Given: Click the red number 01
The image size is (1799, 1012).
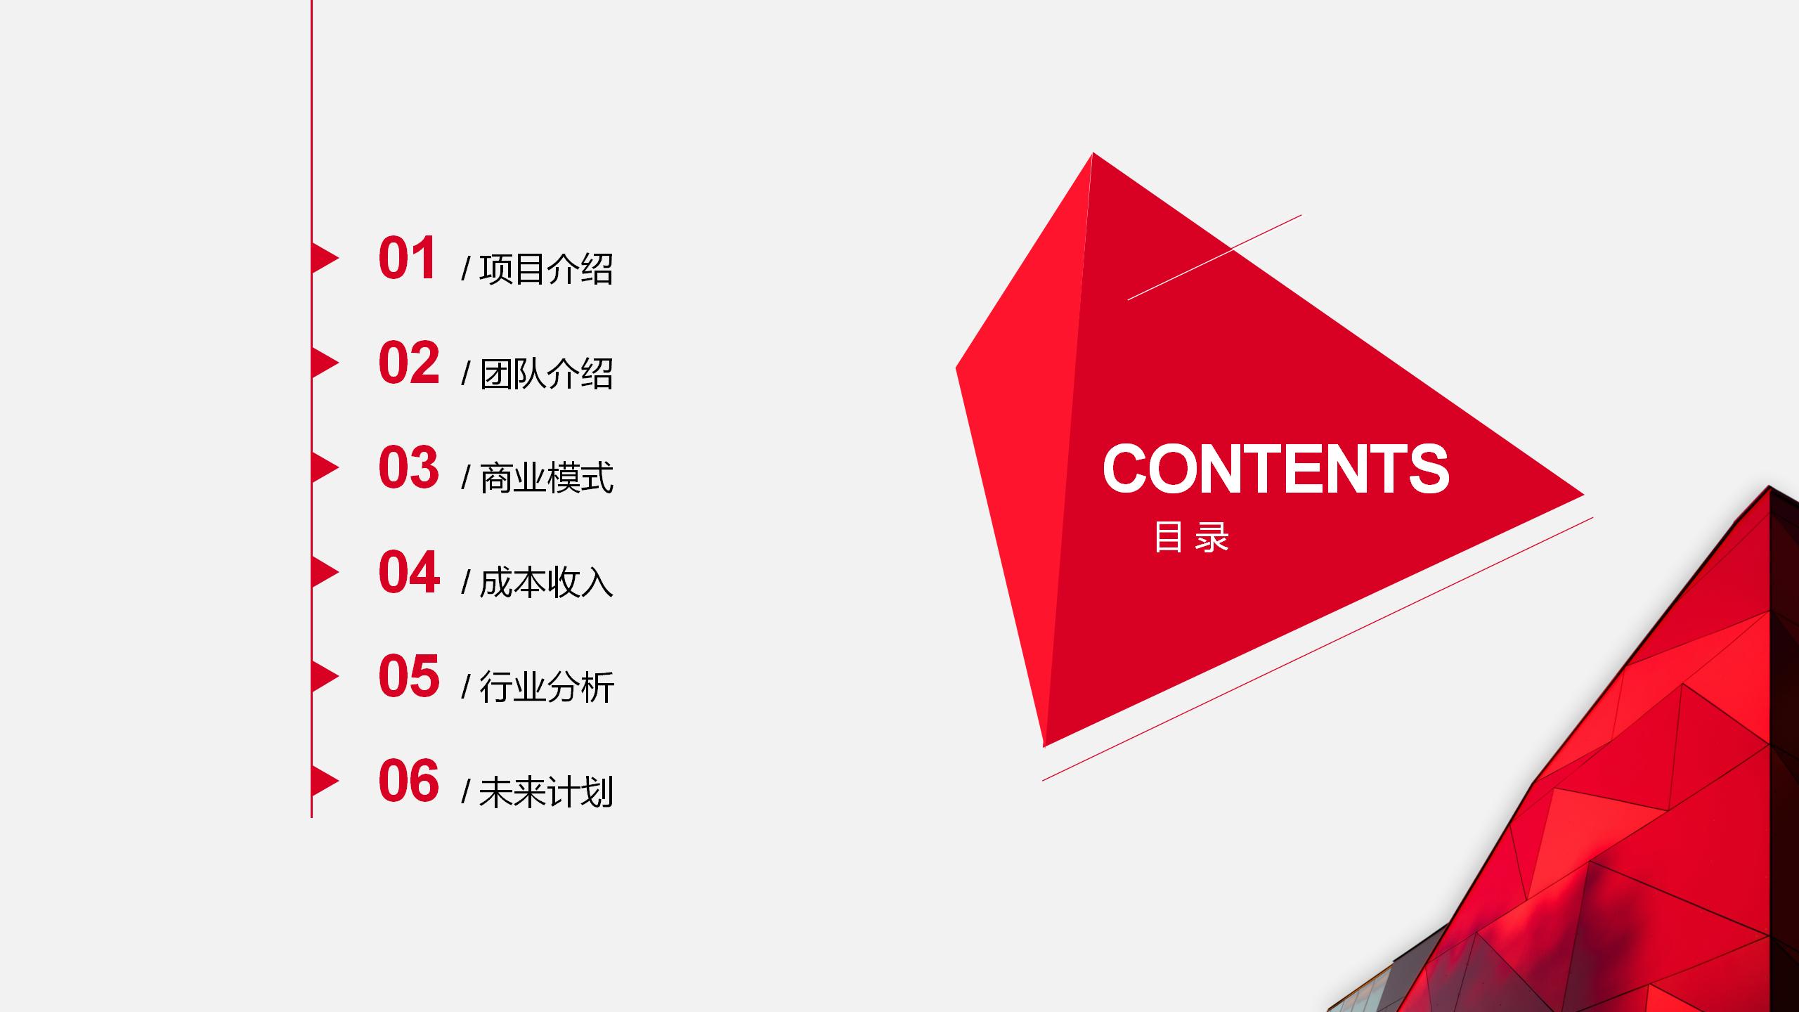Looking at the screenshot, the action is point(408,258).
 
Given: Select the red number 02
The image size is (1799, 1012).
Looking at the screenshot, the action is point(409,363).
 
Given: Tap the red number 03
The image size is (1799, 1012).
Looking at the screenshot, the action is point(409,467).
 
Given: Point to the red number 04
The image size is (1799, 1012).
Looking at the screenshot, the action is point(409,572).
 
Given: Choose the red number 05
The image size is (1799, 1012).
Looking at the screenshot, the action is point(409,676).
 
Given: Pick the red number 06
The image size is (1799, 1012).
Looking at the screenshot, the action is point(409,781).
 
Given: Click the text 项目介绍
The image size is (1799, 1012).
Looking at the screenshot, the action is point(546,268).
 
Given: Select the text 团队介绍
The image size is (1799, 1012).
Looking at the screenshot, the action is point(546,373).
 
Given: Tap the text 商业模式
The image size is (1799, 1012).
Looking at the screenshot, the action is point(546,478).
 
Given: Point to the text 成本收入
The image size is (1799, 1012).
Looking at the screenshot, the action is point(546,583).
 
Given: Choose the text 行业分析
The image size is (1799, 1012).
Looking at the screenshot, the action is point(546,687).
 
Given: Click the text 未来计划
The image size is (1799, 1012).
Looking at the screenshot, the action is point(546,791).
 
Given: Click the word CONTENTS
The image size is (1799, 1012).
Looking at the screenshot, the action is point(1275,468).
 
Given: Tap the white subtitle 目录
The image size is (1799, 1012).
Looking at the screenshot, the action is point(1191,537).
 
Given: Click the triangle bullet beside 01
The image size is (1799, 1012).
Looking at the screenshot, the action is point(325,258).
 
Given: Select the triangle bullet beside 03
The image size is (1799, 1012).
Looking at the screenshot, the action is point(325,467).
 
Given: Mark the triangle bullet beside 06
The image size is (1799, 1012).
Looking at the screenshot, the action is point(325,781).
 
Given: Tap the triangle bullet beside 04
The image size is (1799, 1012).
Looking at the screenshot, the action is point(325,572).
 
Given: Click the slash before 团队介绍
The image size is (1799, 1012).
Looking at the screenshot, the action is point(466,373).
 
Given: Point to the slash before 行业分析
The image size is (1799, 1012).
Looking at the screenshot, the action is point(466,687).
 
